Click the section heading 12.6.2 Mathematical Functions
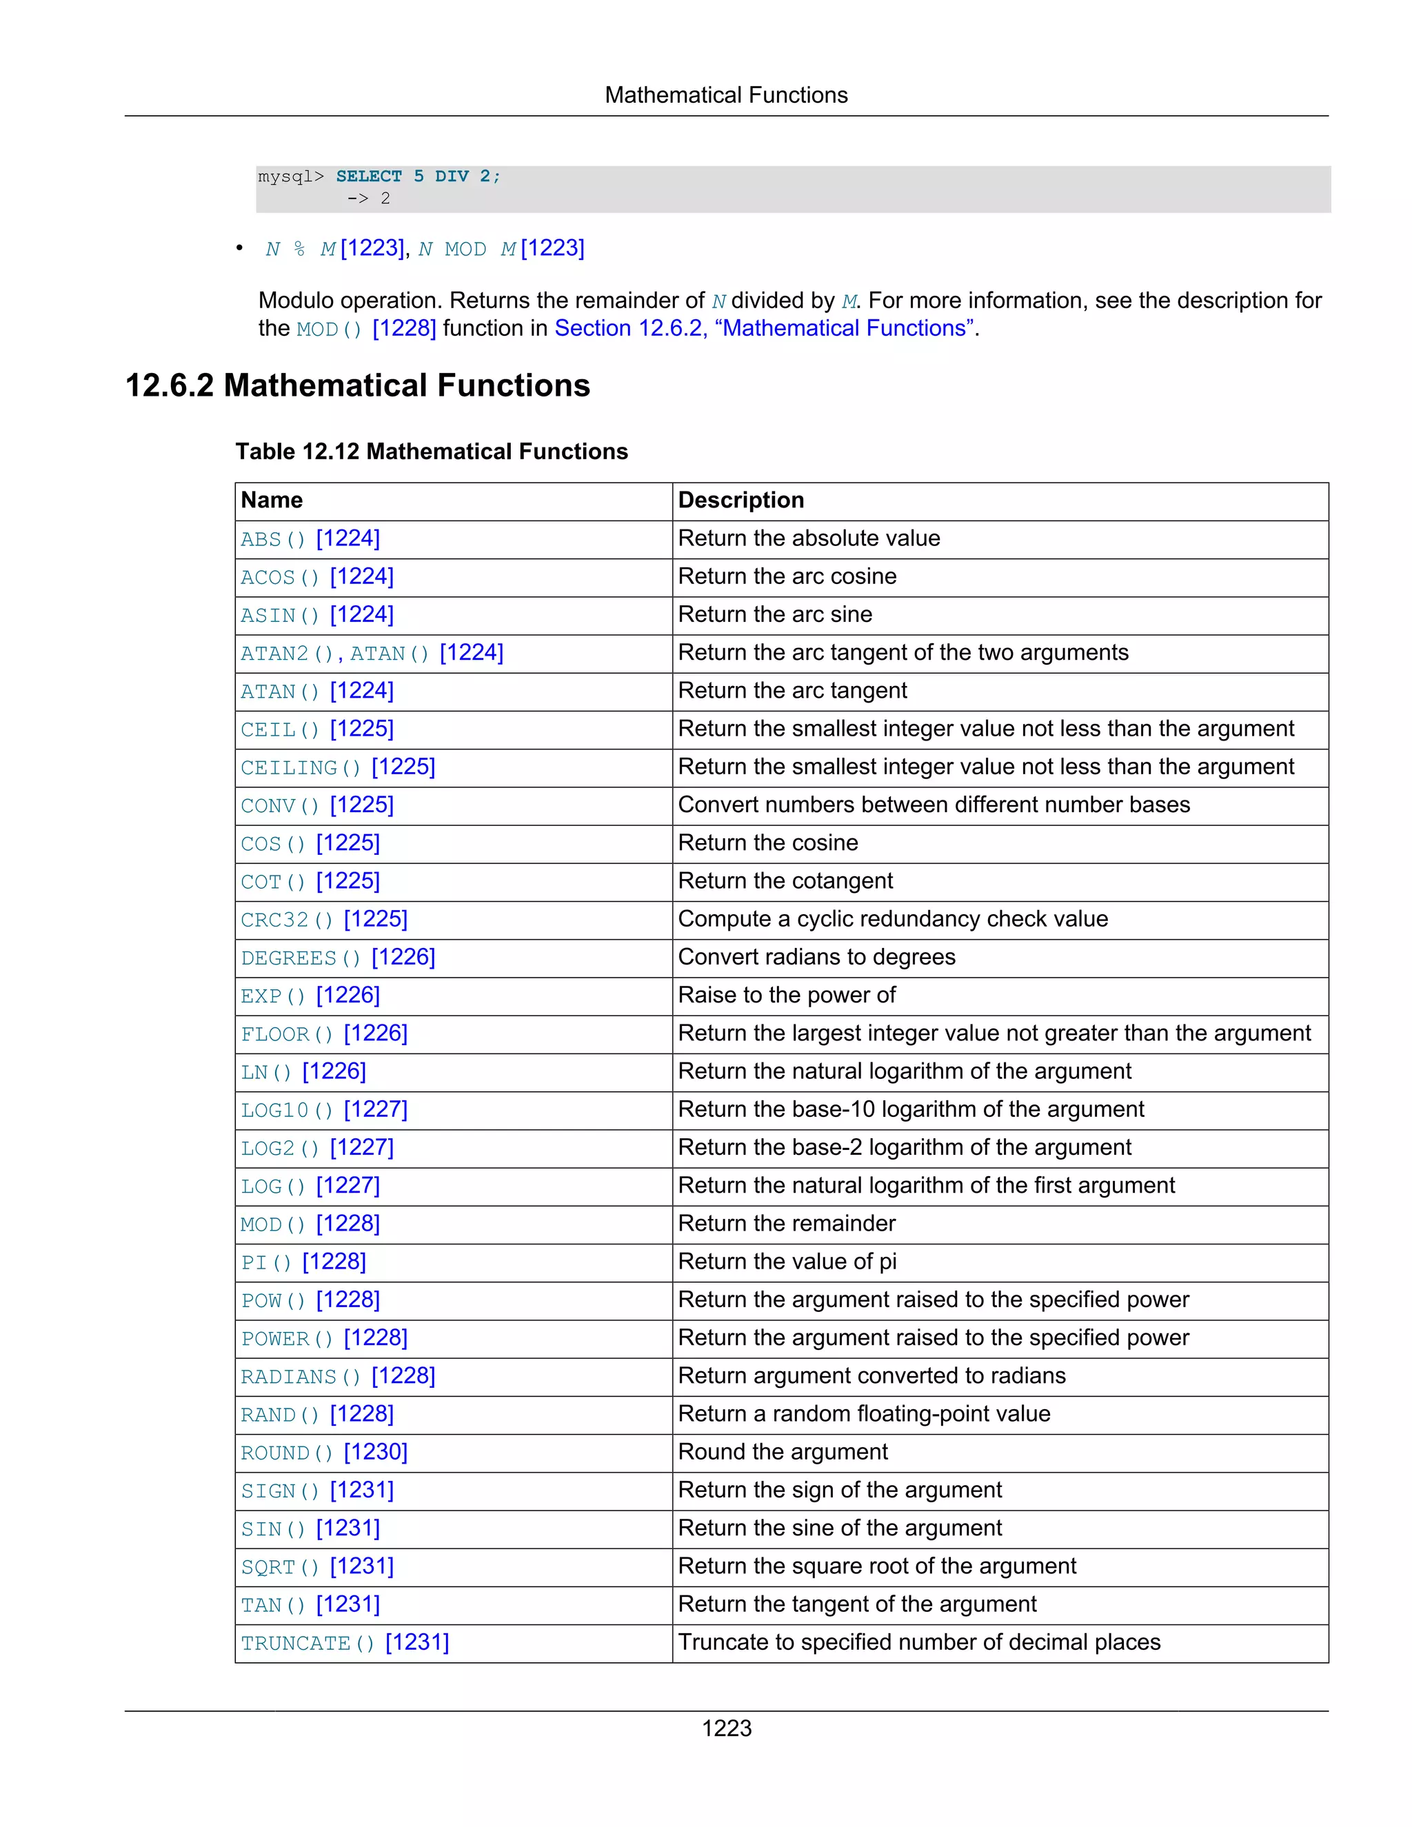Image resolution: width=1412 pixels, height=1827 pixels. pyautogui.click(x=357, y=385)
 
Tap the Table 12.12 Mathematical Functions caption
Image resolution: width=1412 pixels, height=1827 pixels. pyautogui.click(x=431, y=452)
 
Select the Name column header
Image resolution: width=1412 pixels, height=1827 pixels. pyautogui.click(x=272, y=501)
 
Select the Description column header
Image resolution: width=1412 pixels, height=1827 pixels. pyautogui.click(x=740, y=501)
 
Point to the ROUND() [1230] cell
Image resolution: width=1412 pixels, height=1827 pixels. pyautogui.click(x=324, y=1452)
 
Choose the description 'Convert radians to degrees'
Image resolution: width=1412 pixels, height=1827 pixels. pyautogui.click(x=816, y=957)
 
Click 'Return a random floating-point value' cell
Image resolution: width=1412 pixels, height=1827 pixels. pyautogui.click(x=863, y=1414)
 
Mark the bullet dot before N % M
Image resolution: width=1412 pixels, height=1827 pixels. pyautogui.click(x=239, y=248)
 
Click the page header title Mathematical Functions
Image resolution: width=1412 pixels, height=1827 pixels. pyautogui.click(x=726, y=95)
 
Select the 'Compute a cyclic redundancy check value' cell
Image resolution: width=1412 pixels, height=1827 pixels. pyautogui.click(x=893, y=919)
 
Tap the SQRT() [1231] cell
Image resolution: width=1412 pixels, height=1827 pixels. pyautogui.click(x=317, y=1566)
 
